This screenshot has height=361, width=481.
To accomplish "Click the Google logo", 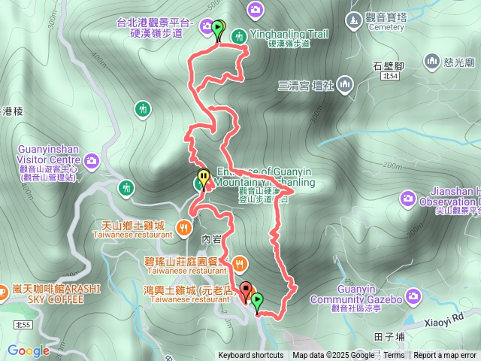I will coord(28,350).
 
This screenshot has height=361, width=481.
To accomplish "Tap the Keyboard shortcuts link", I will coord(251,356).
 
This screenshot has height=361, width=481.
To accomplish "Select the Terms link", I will coord(394,356).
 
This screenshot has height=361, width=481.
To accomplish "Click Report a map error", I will coord(446,356).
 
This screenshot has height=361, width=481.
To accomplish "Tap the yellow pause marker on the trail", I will coord(203,179).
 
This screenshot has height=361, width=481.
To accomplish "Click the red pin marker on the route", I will coord(246,290).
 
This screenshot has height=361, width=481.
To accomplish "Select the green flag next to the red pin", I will coord(258,302).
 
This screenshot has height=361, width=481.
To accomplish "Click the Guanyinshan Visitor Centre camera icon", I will coord(92,160).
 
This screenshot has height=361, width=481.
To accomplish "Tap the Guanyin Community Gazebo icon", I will coord(413,299).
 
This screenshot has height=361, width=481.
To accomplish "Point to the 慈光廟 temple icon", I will coord(432,60).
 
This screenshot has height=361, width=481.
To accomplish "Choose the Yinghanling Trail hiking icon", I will coord(239,35).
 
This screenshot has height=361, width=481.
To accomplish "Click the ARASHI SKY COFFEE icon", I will coord(4,294).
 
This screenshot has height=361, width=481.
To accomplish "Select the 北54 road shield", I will coord(389,76).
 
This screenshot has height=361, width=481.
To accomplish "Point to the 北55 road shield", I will coord(22,324).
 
